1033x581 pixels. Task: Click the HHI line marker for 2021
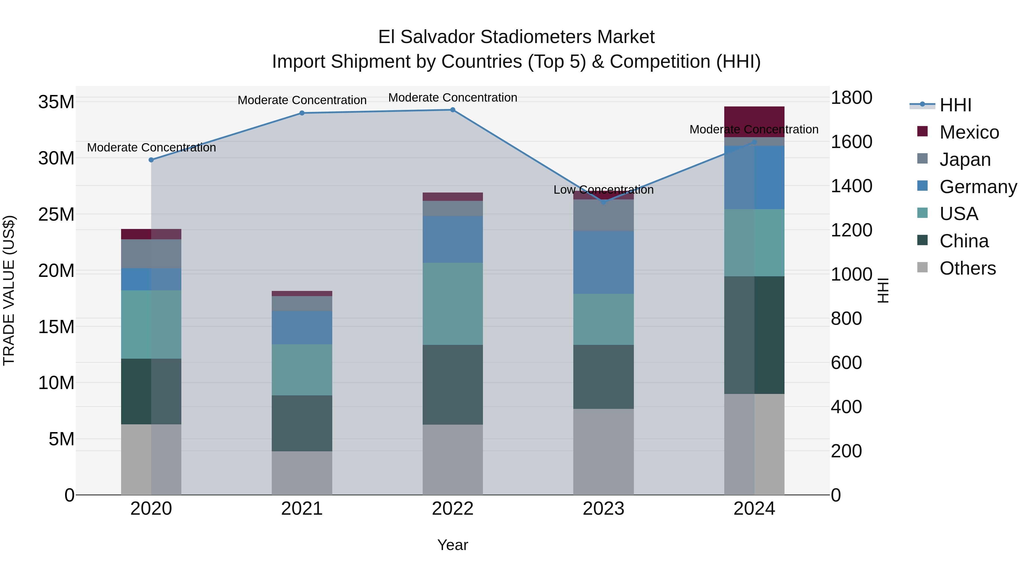click(302, 113)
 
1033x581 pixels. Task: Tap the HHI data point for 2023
click(603, 202)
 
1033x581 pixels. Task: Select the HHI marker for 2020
click(151, 160)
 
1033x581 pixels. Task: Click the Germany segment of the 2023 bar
click(603, 262)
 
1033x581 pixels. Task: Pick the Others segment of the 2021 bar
click(302, 473)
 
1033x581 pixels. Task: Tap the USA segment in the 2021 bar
click(302, 370)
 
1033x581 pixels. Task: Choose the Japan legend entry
click(965, 160)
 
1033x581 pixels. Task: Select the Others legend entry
click(967, 268)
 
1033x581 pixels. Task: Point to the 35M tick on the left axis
click(56, 102)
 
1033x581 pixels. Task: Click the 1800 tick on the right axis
click(851, 98)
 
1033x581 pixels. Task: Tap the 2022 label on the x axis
click(453, 509)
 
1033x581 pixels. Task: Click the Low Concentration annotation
click(603, 190)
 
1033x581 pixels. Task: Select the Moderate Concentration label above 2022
click(453, 98)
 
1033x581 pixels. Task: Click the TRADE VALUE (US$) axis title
click(9, 290)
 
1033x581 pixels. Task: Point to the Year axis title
click(453, 545)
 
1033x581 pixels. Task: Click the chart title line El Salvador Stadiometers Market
click(516, 37)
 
